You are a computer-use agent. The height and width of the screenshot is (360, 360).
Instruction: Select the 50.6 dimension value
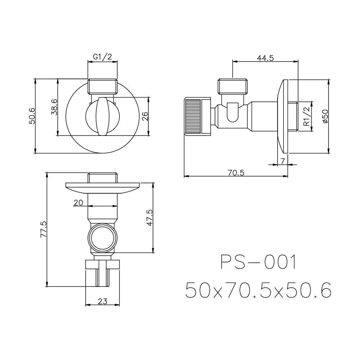(x=32, y=116)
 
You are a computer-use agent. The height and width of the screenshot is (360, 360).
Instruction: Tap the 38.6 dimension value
(x=54, y=107)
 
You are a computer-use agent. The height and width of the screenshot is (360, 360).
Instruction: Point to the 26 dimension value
(x=145, y=116)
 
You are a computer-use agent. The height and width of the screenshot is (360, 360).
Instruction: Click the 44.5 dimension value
(x=265, y=58)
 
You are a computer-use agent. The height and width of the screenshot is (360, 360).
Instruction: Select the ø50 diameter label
(x=325, y=116)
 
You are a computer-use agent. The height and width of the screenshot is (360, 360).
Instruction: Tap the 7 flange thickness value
(x=283, y=161)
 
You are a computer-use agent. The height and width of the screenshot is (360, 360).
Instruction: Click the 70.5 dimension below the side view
(x=236, y=173)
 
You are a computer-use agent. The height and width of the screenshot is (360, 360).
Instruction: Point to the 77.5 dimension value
(x=44, y=229)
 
